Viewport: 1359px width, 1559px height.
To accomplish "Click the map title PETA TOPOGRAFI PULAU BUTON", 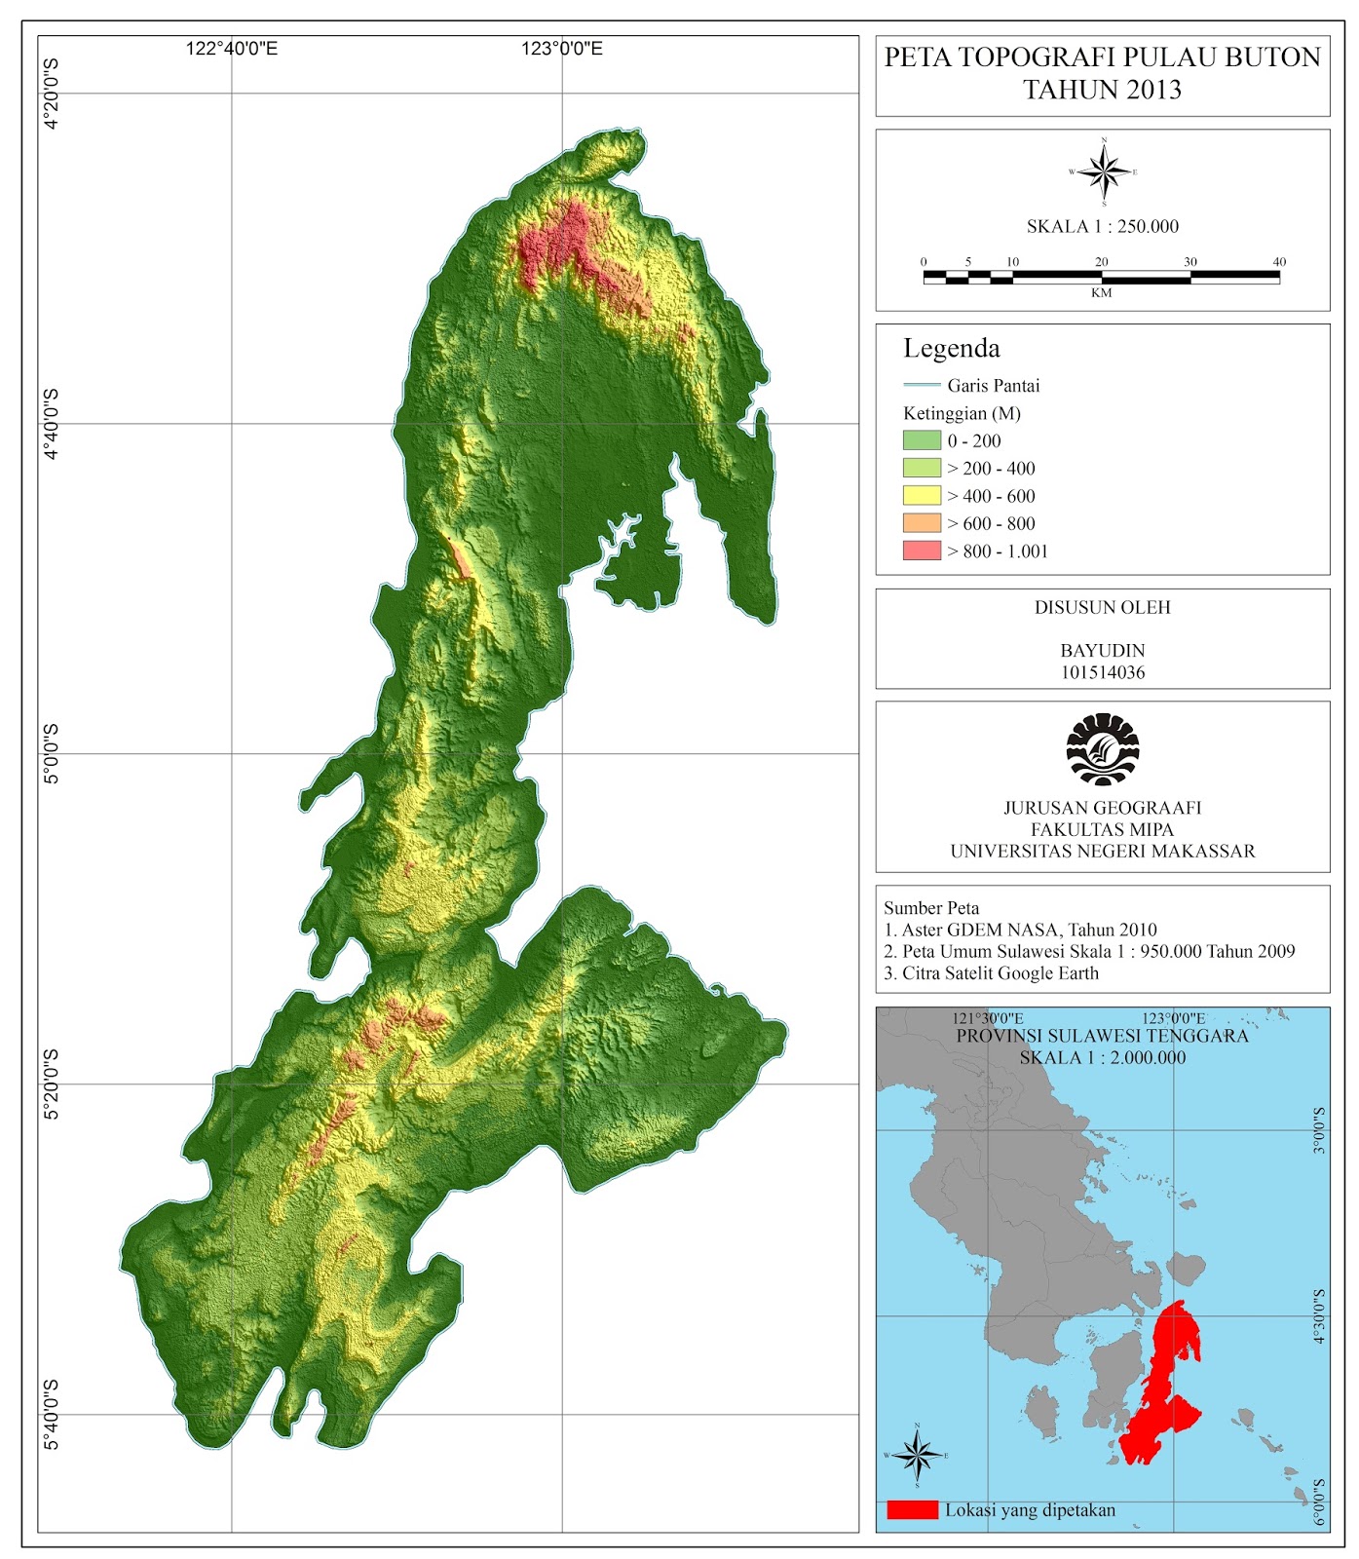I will coord(1102,57).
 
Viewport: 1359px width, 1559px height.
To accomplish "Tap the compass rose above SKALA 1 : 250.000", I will coord(1104,172).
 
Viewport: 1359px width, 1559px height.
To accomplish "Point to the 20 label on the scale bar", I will coord(1101,262).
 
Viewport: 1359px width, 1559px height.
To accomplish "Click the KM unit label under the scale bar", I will coord(1101,293).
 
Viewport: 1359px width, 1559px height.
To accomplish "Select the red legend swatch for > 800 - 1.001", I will coord(922,551).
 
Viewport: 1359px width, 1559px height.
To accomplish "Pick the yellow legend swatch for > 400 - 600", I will coord(922,496).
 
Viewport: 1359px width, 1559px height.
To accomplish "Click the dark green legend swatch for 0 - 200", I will coord(922,440).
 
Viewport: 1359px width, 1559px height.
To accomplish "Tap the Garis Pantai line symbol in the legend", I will coord(922,386).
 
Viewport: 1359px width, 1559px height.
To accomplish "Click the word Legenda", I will coord(951,349).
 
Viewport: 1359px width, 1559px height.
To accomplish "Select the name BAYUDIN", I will coord(1102,650).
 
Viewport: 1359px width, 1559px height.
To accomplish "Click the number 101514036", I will coord(1102,672).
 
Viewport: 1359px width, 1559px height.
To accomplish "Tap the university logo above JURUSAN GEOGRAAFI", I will coord(1102,749).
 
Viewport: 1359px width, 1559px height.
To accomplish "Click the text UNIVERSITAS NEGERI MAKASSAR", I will coord(1102,852).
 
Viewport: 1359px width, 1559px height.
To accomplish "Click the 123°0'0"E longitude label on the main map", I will coord(561,49).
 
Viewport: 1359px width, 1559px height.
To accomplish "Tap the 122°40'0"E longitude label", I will coord(232,49).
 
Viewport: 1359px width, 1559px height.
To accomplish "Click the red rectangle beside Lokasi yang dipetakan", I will coord(912,1510).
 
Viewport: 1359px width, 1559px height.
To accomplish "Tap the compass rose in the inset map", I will coord(917,1456).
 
